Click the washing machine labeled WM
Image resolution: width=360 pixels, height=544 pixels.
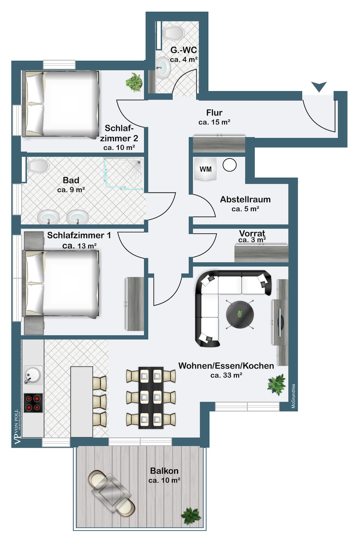point(205,169)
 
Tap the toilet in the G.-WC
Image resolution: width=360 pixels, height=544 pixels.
point(173,33)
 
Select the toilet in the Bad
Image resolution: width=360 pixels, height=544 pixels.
point(38,166)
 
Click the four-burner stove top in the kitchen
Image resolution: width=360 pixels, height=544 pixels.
point(33,403)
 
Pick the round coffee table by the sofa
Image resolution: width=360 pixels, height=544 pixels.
point(240,315)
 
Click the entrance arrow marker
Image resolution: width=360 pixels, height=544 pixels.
point(319,87)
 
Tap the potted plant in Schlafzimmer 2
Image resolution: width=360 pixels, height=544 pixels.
point(134,82)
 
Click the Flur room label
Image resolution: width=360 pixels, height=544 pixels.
point(214,113)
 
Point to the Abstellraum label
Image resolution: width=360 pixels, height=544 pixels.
point(245,199)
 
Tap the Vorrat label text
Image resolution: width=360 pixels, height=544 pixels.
point(252,233)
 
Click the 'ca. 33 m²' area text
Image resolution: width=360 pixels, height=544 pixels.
point(226,375)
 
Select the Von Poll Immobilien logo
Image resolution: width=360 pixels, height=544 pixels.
point(18,427)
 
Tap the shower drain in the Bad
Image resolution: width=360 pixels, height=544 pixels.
point(139,162)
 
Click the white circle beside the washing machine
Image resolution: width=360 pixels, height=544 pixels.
point(230,165)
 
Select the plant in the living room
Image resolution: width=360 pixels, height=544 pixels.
point(276,385)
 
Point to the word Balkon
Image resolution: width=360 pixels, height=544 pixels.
point(164,471)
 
